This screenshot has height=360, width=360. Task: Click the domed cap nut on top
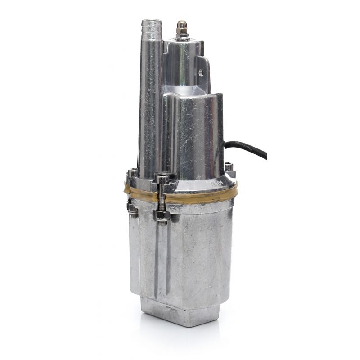182,25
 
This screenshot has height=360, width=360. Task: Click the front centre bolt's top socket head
162,179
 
